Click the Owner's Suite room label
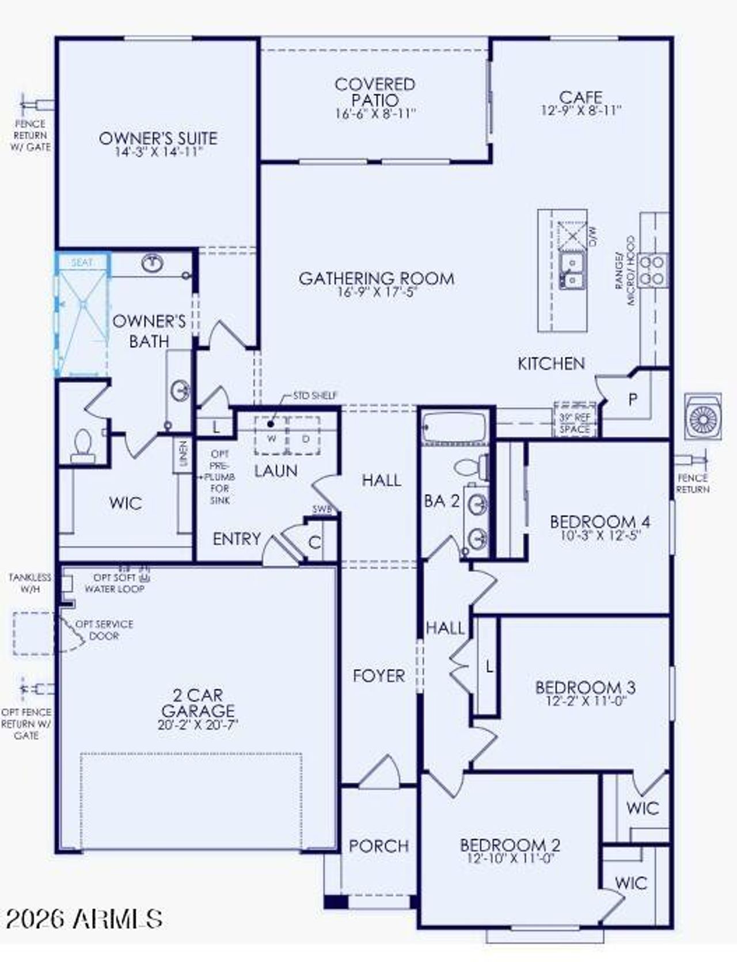coord(158,138)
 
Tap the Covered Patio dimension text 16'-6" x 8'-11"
coord(375,114)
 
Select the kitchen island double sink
coord(572,271)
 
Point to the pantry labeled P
coord(633,399)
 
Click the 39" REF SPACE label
coord(575,423)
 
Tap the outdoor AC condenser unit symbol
coord(703,417)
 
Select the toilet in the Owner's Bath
coord(83,446)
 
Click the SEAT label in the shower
coord(82,263)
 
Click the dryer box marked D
coord(305,437)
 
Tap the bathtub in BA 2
coord(454,428)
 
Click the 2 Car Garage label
coord(197,703)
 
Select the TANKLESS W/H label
coord(29,583)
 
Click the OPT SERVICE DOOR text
coord(104,630)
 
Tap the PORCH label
coord(378,846)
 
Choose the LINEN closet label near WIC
coord(183,455)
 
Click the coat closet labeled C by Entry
coord(314,542)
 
